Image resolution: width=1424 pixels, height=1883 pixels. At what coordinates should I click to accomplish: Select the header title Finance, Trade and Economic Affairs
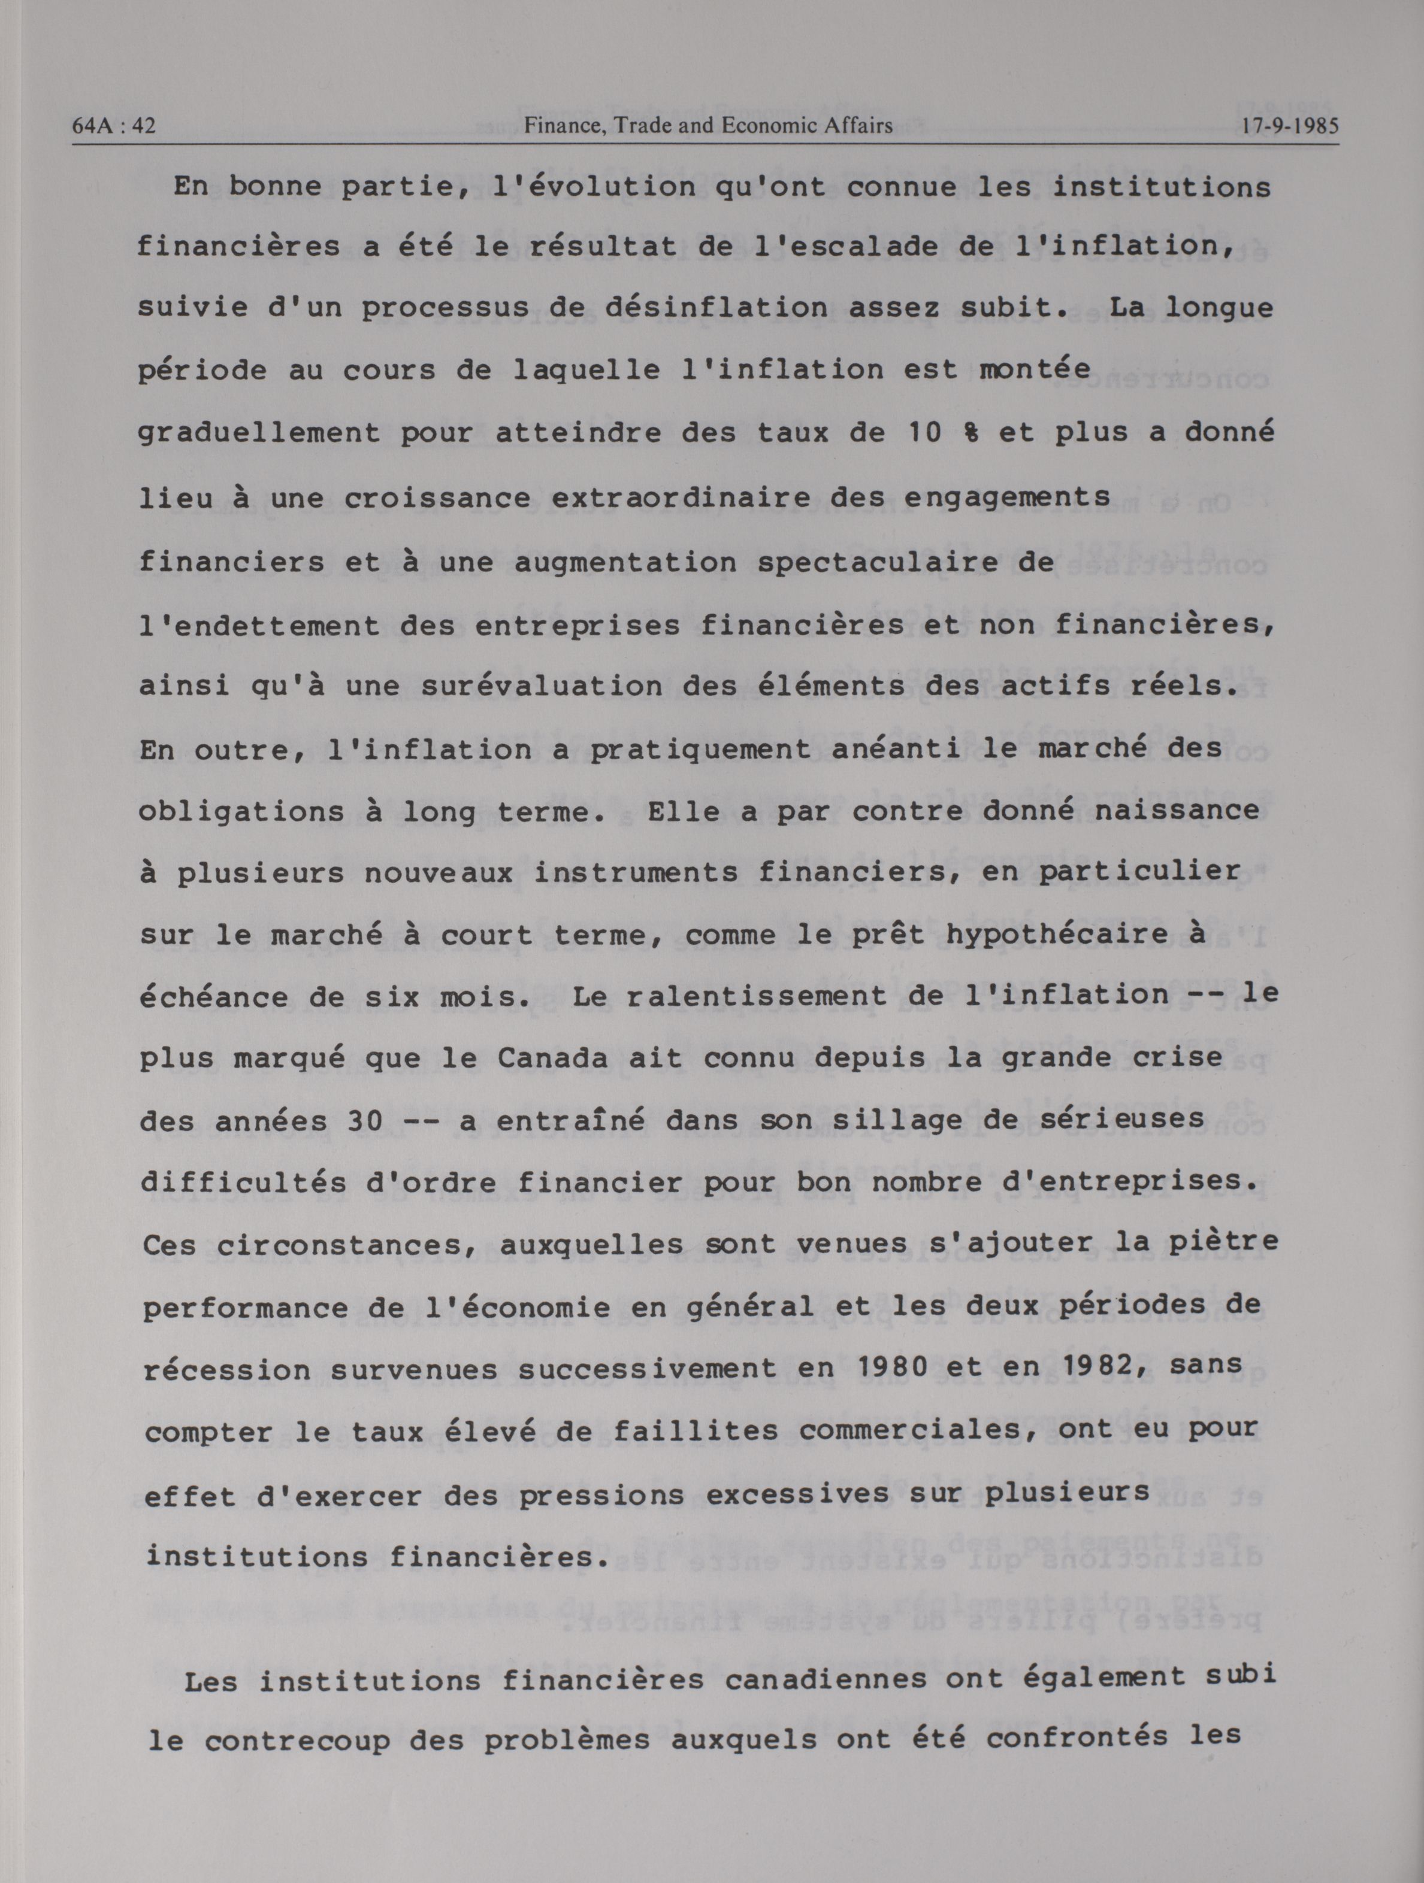[x=708, y=126]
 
